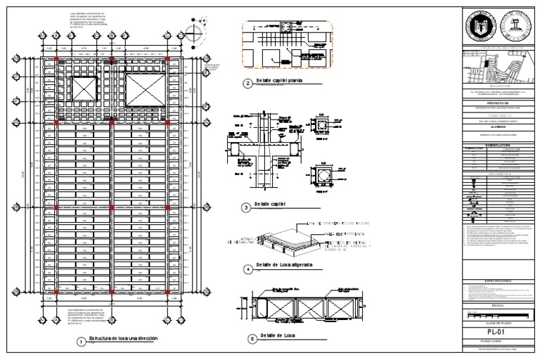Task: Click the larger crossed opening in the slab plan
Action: [143, 90]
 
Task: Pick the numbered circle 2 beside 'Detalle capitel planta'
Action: [247, 84]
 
